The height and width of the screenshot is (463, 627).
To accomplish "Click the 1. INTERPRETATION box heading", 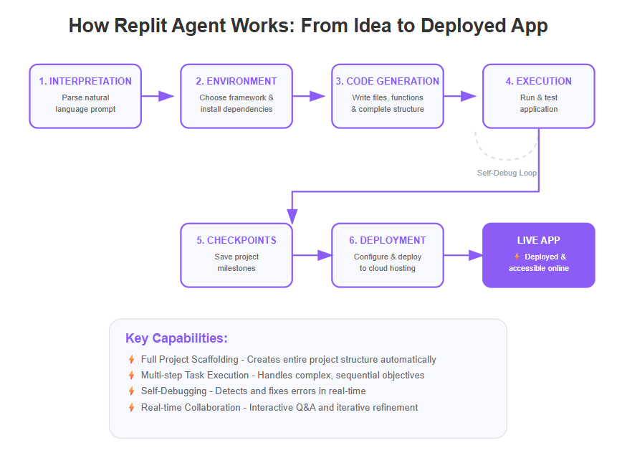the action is pos(85,81).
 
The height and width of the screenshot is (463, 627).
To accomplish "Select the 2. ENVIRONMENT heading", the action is pos(236,81).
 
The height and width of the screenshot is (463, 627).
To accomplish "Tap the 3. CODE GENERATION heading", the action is pos(388,81).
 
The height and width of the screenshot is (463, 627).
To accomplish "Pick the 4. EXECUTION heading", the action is pos(539,81).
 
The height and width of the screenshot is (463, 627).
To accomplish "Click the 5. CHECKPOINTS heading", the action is pos(236,240).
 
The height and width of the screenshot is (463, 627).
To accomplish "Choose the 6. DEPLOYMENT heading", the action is pos(388,240).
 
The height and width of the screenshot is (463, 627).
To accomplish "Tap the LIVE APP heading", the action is pos(539,240).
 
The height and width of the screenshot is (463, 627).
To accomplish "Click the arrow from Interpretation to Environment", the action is pos(158,96).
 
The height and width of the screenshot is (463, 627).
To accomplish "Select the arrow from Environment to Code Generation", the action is pos(309,96).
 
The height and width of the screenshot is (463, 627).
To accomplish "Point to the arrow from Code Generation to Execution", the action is pos(460,96).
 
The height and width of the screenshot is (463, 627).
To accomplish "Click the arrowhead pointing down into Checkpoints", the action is pos(292,216).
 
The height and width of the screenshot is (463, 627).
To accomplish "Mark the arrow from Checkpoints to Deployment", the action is pos(312,255).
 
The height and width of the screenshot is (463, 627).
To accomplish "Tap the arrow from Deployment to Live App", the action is pos(464,255).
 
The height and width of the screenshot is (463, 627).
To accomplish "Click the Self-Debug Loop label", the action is pos(507,173).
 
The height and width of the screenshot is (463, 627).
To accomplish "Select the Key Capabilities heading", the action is pos(176,338).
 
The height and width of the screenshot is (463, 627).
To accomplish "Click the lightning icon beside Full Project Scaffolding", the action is pos(132,360).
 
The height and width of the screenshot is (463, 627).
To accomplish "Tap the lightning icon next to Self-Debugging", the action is pos(132,391).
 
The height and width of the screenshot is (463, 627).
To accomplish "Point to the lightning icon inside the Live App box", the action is pos(517,257).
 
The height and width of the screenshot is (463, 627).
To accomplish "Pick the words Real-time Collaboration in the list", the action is pos(191,407).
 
